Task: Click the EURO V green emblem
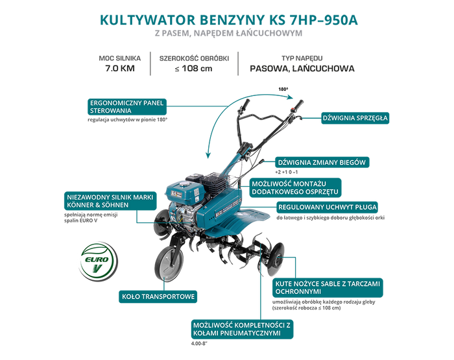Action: [x=99, y=261]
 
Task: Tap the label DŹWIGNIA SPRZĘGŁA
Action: [x=355, y=118]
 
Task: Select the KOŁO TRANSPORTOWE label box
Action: [x=158, y=296]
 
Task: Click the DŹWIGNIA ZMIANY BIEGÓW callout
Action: [x=322, y=162]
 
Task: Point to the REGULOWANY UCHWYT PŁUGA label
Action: [x=327, y=208]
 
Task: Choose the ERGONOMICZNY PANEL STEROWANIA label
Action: [x=127, y=106]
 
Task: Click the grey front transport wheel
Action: [x=169, y=263]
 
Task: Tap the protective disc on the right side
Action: [x=276, y=259]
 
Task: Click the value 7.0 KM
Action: [x=119, y=68]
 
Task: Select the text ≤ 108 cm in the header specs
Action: [x=194, y=69]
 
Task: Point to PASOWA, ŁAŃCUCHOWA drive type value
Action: [x=302, y=69]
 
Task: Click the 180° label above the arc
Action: [x=283, y=90]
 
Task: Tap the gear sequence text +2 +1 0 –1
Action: [x=287, y=172]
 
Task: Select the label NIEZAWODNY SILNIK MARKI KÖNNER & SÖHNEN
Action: [x=110, y=201]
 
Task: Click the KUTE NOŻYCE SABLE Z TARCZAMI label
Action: [x=328, y=287]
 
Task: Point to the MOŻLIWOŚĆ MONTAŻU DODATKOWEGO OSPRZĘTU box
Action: [x=295, y=187]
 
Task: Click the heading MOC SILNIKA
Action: [x=119, y=58]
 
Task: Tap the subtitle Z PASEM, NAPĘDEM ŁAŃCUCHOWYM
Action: [x=228, y=33]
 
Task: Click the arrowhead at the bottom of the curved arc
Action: [x=208, y=156]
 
